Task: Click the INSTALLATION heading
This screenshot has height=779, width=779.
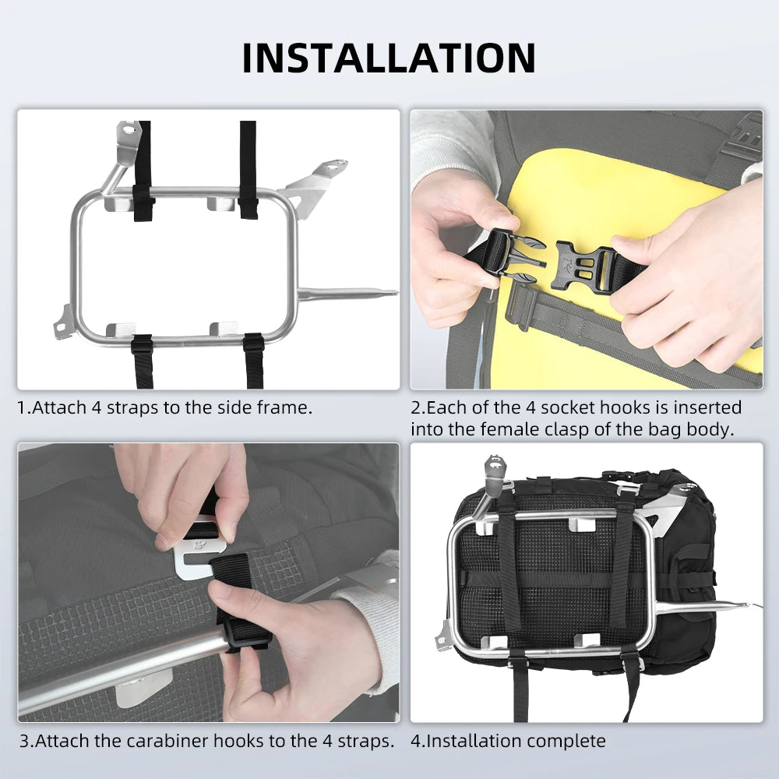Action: (389, 58)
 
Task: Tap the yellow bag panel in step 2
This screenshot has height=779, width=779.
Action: (592, 195)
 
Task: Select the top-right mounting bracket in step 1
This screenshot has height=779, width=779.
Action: (319, 176)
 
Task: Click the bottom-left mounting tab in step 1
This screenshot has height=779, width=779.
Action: (63, 321)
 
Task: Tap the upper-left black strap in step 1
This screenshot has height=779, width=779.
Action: (143, 171)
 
